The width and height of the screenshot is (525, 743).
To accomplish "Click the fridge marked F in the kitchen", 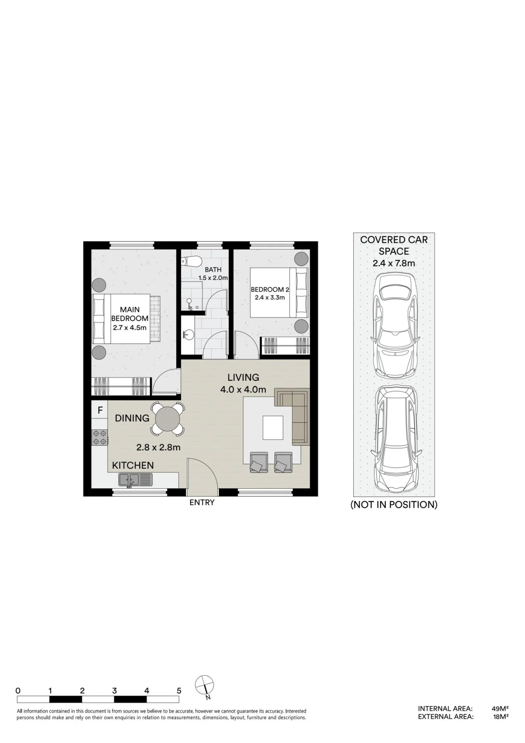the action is tap(100, 410).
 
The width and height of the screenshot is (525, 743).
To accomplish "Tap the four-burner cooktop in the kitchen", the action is tap(100, 437).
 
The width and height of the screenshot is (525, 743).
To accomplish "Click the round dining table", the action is tap(168, 419).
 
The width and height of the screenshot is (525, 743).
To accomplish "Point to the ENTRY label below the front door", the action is tap(202, 503).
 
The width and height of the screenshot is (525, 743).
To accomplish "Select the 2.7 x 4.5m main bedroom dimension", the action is tap(130, 328).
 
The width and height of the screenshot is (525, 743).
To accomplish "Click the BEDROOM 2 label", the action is tap(270, 289).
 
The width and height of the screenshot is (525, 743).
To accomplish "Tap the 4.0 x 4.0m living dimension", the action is tap(243, 390).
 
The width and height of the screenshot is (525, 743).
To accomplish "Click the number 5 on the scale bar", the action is tap(179, 691).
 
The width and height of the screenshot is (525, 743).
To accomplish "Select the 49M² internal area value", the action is tap(500, 708).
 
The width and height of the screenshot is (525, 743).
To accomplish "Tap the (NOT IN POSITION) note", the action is tap(394, 504).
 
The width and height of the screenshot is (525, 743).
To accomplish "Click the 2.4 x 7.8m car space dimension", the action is tap(394, 263).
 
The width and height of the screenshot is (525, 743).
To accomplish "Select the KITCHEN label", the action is tap(133, 465).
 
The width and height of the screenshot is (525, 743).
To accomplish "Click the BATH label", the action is tap(213, 270).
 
